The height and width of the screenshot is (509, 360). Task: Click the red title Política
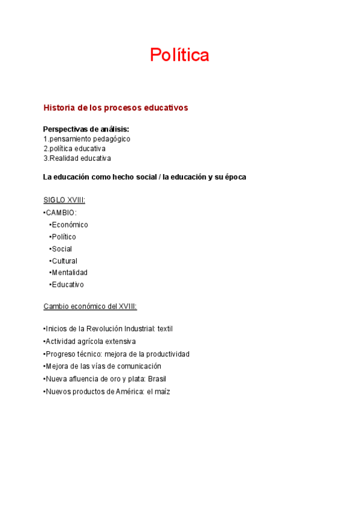coord(179,55)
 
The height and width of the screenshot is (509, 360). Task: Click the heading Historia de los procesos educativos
coord(116,108)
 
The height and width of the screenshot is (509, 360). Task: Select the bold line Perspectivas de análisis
coord(86,129)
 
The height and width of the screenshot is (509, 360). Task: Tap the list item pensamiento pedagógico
coord(89,139)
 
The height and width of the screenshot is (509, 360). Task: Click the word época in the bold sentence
coord(233,177)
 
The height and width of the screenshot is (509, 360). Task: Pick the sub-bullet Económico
coord(70,224)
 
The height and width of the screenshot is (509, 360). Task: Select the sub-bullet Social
coord(62,248)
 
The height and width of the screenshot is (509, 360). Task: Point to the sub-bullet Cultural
coord(64,261)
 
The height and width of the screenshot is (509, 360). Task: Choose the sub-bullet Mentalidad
coord(70,273)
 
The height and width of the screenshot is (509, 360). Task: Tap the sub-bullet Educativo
coord(68,285)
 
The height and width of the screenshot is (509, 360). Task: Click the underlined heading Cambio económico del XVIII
coord(90,307)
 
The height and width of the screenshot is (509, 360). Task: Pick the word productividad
coord(169,354)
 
